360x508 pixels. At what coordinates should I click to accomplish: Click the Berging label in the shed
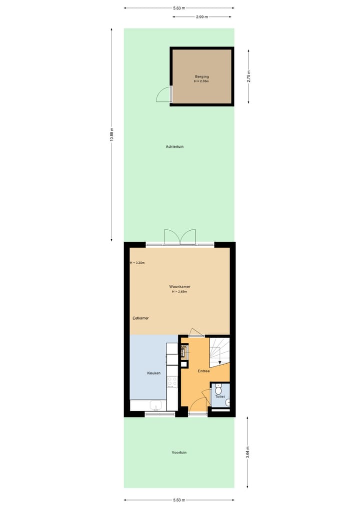point(201,76)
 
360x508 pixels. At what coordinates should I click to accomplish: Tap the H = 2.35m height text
point(201,81)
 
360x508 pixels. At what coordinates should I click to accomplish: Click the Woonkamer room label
point(179,286)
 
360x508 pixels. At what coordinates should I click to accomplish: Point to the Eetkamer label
point(140,318)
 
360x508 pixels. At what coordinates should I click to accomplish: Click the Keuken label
point(153,373)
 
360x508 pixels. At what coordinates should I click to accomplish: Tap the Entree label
point(203,371)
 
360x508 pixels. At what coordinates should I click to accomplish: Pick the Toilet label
point(220,397)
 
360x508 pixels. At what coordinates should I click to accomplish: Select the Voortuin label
point(179,453)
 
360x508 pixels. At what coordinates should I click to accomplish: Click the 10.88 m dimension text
point(111,135)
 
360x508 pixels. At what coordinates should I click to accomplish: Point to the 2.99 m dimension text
point(203,16)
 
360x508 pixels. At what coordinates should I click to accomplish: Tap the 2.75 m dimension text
point(248,76)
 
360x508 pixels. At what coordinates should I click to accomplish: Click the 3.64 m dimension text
point(248,452)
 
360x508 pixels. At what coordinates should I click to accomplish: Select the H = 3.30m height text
point(137,263)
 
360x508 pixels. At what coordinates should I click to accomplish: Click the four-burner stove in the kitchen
point(172,382)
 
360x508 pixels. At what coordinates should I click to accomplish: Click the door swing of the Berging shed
point(163,94)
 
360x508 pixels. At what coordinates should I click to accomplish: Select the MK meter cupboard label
point(183,347)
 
